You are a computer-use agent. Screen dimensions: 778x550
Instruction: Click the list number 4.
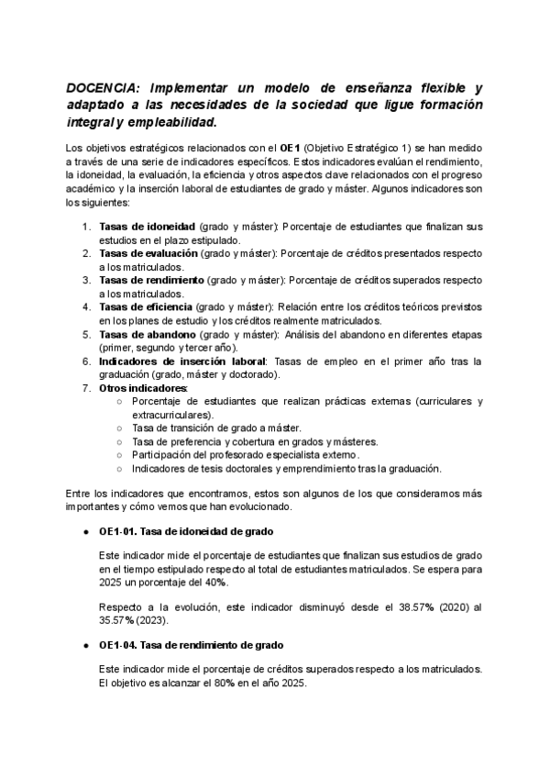[85, 306]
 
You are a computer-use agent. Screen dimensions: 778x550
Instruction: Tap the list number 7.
[85, 387]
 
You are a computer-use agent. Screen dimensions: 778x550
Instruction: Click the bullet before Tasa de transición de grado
[121, 428]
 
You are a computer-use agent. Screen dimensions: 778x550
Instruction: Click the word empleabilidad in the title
[168, 122]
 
